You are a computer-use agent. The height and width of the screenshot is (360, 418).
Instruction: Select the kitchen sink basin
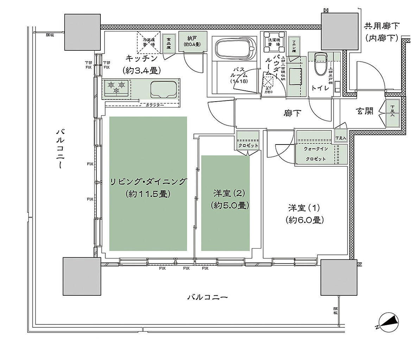coord(164,90)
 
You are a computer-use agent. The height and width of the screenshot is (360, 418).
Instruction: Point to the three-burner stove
coord(117,87)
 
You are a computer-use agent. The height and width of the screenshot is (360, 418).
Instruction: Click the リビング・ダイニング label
coord(148,182)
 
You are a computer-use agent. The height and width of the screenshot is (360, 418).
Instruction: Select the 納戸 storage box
coord(192,41)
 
